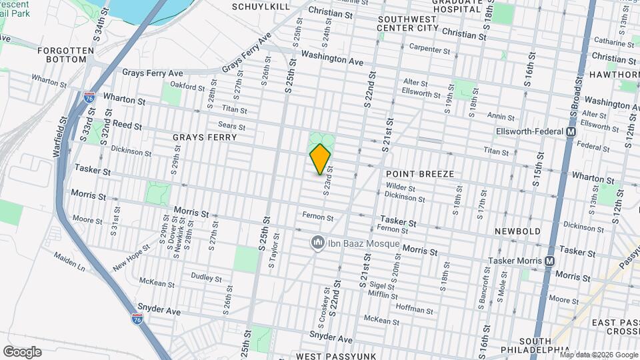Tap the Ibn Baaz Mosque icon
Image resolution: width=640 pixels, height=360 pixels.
(x=318, y=243)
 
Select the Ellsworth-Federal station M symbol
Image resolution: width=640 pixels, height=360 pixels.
(x=571, y=132)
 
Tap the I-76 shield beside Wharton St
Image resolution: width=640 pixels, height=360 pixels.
(x=89, y=98)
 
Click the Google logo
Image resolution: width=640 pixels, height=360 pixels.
(x=22, y=351)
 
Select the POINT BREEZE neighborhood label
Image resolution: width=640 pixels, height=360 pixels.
(x=420, y=174)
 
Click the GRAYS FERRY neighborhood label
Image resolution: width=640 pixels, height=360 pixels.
(x=205, y=137)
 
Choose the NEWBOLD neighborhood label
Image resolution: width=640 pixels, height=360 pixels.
(x=517, y=231)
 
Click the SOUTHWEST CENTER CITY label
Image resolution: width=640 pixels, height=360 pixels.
(x=407, y=23)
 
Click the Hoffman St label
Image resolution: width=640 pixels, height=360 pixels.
(x=414, y=309)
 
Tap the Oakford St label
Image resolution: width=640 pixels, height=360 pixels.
(x=187, y=87)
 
